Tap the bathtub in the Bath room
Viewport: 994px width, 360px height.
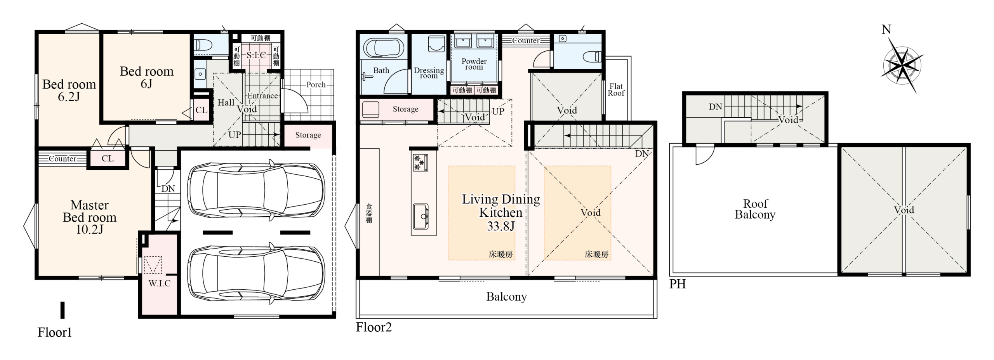(384, 49)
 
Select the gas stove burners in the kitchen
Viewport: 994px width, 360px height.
(421, 163)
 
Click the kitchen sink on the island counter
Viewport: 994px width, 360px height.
(421, 217)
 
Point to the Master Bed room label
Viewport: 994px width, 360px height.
(90, 217)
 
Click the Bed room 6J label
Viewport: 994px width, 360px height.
(146, 77)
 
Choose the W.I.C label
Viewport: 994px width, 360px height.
(159, 283)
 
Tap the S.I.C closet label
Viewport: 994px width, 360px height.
(256, 55)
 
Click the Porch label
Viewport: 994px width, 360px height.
(316, 85)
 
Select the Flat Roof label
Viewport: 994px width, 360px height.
(616, 90)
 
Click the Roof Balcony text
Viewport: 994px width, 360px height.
(755, 209)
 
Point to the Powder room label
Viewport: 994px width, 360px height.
(474, 64)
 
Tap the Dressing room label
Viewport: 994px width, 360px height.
(429, 73)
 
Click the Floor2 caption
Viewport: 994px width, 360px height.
(374, 327)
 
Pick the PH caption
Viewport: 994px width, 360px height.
(678, 284)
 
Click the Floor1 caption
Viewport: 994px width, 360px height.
(55, 332)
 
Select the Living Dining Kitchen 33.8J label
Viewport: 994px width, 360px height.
(501, 212)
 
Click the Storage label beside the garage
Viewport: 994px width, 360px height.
(308, 135)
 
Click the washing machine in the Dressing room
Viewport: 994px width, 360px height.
(436, 44)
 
